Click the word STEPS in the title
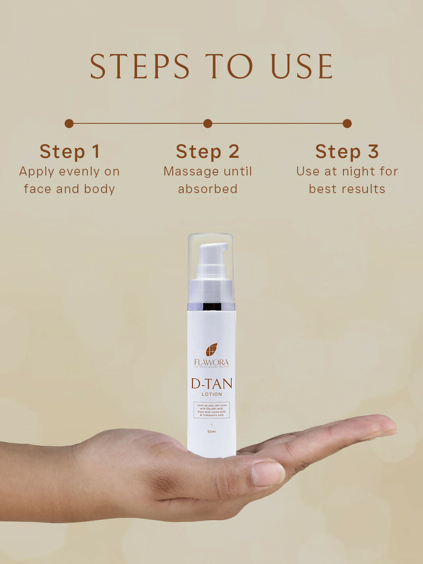tap(140, 66)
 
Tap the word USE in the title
tap(302, 66)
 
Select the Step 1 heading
tap(69, 152)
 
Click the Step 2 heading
tap(208, 152)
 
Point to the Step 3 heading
tap(347, 152)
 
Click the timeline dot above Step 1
tap(69, 124)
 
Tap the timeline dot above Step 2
tap(208, 124)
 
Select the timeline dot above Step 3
tap(347, 124)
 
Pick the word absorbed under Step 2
tap(208, 189)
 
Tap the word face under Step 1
tap(38, 189)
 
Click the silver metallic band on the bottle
tap(211, 307)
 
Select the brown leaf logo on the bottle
tap(211, 350)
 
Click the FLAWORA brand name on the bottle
tap(211, 362)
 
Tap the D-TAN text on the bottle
tap(211, 383)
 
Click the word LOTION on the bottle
tap(211, 394)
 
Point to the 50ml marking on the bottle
tap(211, 432)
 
